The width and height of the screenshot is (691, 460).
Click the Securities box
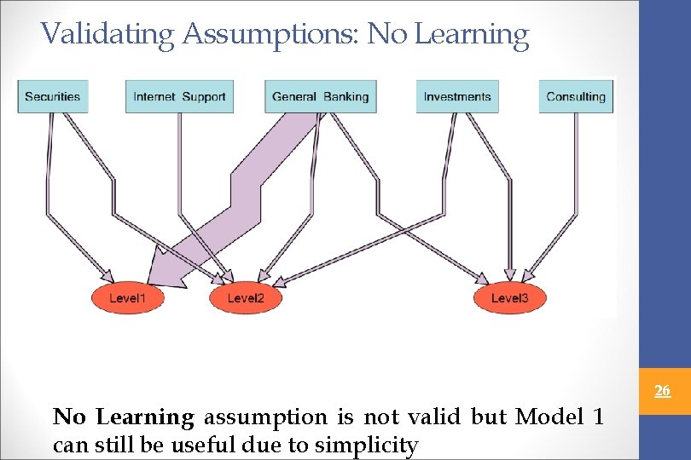point(52,96)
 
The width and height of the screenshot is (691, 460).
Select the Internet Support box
point(179,96)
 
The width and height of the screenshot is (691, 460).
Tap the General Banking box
point(320,96)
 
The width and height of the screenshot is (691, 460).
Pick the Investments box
point(457,96)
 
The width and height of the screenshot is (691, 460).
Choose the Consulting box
point(576,96)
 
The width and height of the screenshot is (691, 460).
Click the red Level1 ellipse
point(127,298)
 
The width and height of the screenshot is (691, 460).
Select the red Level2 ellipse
point(246,298)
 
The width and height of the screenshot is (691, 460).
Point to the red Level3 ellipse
point(509,298)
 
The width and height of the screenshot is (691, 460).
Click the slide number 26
point(662,392)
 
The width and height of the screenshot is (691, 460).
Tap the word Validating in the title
point(107,34)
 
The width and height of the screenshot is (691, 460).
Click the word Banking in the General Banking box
point(346,96)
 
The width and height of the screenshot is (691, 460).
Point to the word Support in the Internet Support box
point(204,96)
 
